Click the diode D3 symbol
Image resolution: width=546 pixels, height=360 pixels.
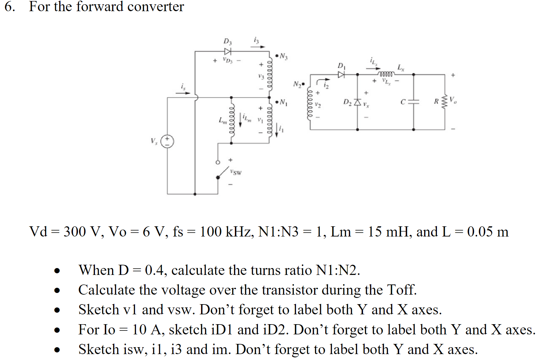coord(228,51)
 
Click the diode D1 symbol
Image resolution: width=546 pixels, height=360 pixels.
coord(341,75)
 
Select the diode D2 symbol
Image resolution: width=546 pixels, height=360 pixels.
coord(357,102)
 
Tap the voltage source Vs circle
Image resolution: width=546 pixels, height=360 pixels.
coord(167,141)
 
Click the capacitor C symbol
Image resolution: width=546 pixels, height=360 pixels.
coord(414,102)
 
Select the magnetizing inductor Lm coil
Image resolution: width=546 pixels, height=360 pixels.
coord(231,120)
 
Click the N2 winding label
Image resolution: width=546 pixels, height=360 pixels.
coord(297,84)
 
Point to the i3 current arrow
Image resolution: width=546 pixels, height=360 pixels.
coord(258,47)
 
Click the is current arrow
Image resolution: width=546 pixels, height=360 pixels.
coord(183,93)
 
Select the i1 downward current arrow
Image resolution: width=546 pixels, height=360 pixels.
coord(277,130)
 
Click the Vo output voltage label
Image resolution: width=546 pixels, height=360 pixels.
coord(453,100)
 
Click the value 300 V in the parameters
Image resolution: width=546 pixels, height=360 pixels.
coord(81,232)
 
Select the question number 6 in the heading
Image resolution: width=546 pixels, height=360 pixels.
coord(10,7)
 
